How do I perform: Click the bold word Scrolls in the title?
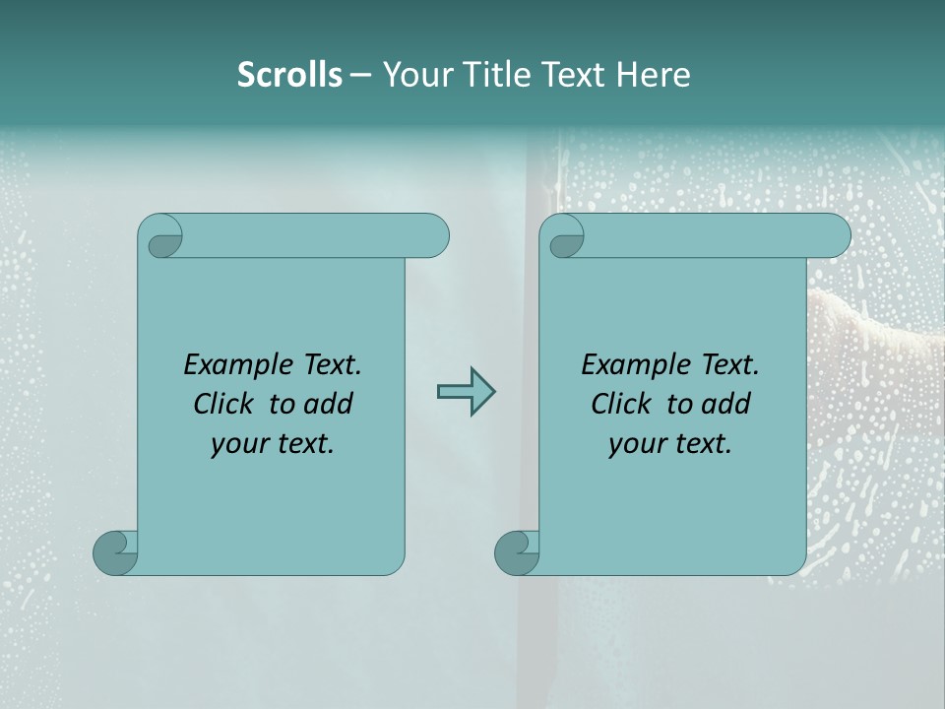click(x=289, y=75)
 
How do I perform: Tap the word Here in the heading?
click(x=654, y=75)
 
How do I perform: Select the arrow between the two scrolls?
click(x=466, y=391)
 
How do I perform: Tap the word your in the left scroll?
click(x=237, y=444)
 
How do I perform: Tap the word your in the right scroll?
click(x=635, y=444)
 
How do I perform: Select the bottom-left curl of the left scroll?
click(x=114, y=552)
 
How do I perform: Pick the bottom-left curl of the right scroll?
click(x=516, y=552)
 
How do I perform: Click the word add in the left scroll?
click(x=329, y=404)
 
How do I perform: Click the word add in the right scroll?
click(x=726, y=404)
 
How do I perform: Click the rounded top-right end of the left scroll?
click(x=433, y=236)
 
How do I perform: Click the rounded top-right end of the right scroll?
click(x=835, y=236)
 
